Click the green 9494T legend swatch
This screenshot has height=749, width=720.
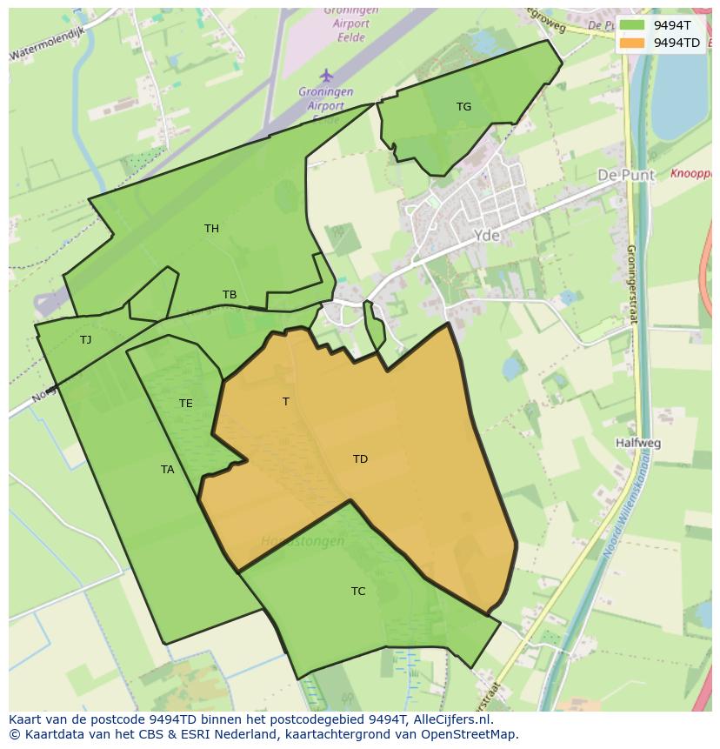coord(632,25)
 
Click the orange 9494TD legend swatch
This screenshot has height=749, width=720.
coord(632,43)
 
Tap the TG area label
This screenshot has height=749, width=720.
coord(463,107)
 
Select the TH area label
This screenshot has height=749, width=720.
coord(211,229)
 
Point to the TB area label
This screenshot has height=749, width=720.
coord(230,295)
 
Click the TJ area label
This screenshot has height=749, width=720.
coord(85,340)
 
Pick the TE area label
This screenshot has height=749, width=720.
coord(186,404)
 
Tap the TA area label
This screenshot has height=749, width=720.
coord(168,470)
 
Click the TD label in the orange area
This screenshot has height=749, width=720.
coord(360,459)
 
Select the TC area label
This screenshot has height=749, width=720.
coord(358,592)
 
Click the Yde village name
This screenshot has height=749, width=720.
coord(487,236)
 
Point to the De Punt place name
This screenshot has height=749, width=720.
coord(626,176)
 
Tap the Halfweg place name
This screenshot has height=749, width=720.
coord(637,443)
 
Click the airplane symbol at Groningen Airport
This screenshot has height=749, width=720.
coord(326,76)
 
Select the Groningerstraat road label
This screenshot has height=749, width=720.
coord(632,283)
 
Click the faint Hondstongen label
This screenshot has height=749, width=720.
coord(303,541)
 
